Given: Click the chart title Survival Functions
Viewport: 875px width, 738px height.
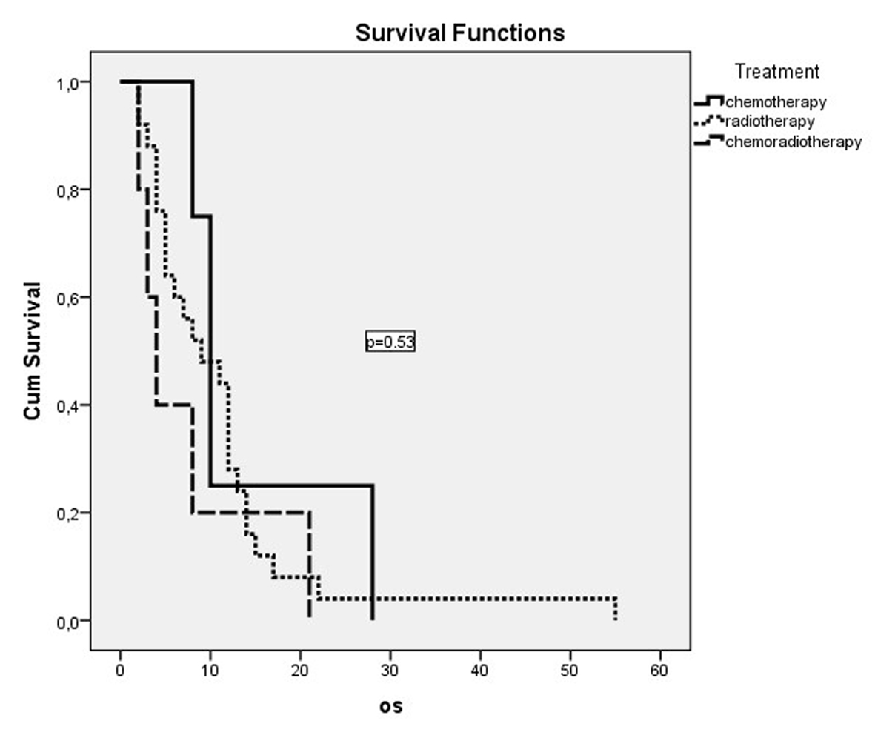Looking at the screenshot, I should pos(459,33).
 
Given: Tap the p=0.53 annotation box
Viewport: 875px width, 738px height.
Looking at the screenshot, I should pos(390,342).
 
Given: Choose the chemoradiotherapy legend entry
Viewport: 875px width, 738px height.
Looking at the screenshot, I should pos(793,142).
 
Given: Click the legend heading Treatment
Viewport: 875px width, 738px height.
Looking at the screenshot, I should pos(777,72).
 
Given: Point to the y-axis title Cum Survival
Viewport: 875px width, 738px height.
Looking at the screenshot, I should pos(32,350).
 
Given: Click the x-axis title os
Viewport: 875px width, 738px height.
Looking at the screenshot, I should pos(390,706).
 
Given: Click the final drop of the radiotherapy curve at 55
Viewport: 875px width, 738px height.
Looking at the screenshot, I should pos(615,608).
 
